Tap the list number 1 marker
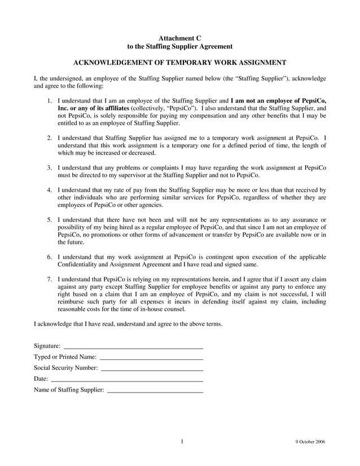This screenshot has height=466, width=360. tap(50, 100)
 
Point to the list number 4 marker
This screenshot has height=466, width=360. tap(50, 190)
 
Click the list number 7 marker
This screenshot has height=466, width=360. tap(50, 279)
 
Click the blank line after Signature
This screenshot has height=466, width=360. tap(133, 346)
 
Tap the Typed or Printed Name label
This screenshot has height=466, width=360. tap(65, 357)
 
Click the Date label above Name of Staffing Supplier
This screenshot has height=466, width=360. tap(41, 379)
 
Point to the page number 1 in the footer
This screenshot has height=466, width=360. tap(182, 442)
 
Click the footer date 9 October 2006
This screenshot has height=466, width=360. tap(310, 442)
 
